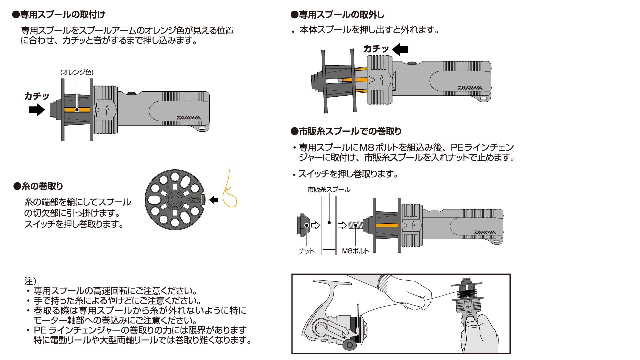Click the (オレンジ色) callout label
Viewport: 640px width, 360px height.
77,72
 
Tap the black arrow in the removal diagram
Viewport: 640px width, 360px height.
400,49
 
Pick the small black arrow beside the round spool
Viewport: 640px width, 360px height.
214,200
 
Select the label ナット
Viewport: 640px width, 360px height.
307,251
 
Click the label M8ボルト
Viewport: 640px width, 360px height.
356,251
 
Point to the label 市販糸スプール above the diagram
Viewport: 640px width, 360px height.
329,189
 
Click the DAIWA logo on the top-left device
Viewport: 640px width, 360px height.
189,118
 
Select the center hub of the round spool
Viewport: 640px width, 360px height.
174,200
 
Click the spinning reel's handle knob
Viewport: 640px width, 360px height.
349,345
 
